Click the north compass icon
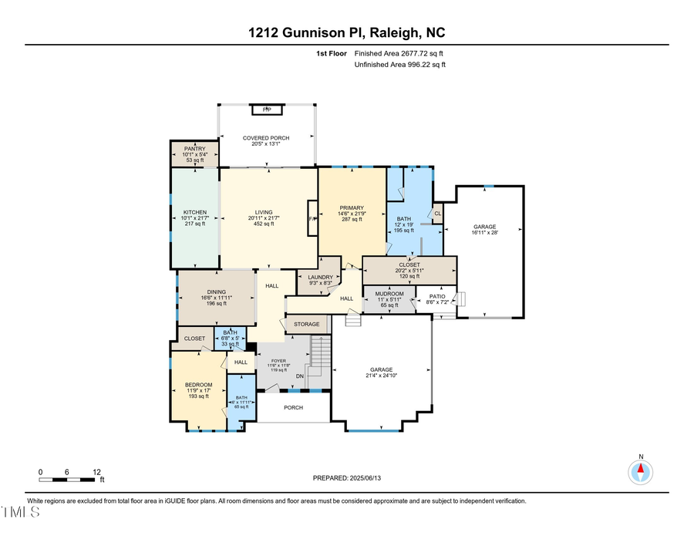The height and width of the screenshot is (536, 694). (x=641, y=470)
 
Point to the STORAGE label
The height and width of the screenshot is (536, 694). (x=305, y=324)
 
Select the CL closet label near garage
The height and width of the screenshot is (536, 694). (x=437, y=214)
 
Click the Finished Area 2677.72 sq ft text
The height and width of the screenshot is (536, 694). (x=399, y=53)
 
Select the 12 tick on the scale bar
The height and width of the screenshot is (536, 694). (x=97, y=471)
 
